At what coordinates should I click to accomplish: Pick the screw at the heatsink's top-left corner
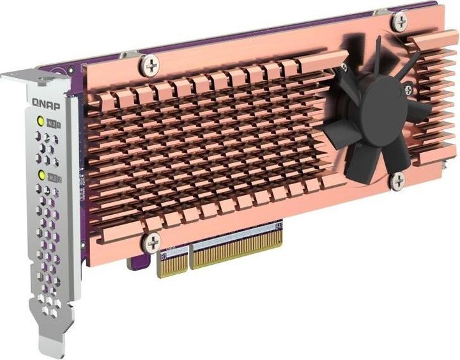pyautogui.click(x=152, y=64)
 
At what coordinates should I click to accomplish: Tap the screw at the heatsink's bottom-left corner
pyautogui.click(x=153, y=242)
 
